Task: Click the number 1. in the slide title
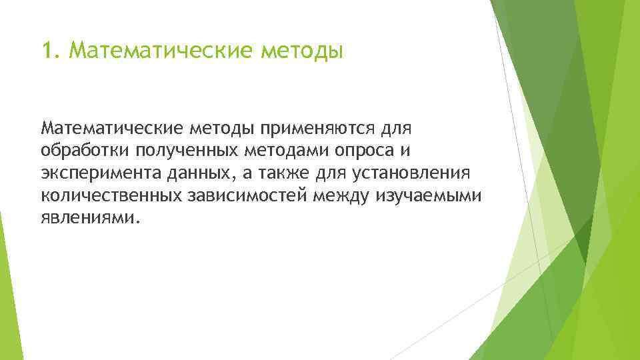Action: [51, 51]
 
